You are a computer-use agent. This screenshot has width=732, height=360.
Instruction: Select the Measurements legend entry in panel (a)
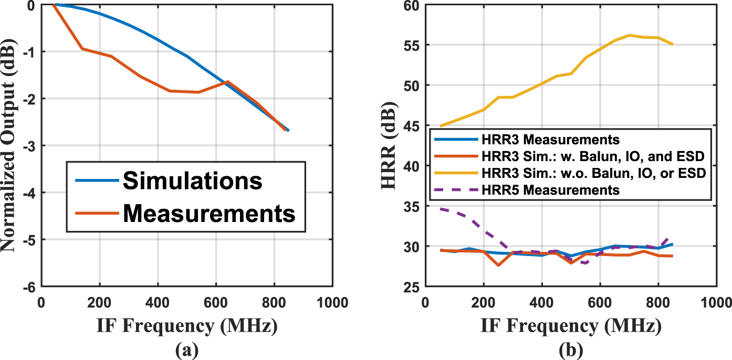pyautogui.click(x=208, y=213)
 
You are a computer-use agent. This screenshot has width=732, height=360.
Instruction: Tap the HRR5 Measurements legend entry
pyautogui.click(x=550, y=190)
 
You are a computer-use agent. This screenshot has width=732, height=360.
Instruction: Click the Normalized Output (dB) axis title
pyautogui.click(x=12, y=146)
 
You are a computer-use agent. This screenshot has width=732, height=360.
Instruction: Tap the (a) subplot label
pyautogui.click(x=186, y=348)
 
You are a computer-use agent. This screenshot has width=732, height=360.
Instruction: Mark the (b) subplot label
pyautogui.click(x=570, y=348)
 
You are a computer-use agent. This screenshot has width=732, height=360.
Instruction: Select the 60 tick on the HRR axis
pyautogui.click(x=411, y=5)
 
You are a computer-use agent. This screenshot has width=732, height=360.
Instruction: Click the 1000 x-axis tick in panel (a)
pyautogui.click(x=331, y=303)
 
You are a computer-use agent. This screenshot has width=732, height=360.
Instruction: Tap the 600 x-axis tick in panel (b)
pyautogui.click(x=600, y=303)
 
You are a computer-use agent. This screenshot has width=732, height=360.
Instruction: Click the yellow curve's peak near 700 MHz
pyautogui.click(x=629, y=35)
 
